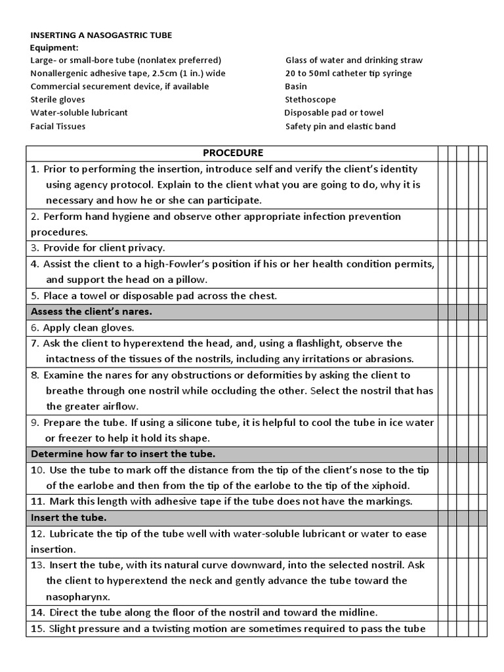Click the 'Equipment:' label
(x=54, y=47)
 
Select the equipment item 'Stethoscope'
(x=310, y=100)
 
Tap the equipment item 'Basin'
(x=296, y=87)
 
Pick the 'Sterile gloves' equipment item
(x=58, y=100)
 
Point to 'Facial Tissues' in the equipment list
(x=58, y=126)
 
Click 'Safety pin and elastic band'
(x=341, y=126)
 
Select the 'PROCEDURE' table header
(x=232, y=153)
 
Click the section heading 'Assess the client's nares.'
(x=91, y=312)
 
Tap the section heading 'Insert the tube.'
(x=68, y=518)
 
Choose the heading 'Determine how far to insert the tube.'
(x=123, y=454)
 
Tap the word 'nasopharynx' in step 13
(x=77, y=597)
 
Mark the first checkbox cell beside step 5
(x=443, y=296)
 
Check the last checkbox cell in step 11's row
(x=482, y=501)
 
